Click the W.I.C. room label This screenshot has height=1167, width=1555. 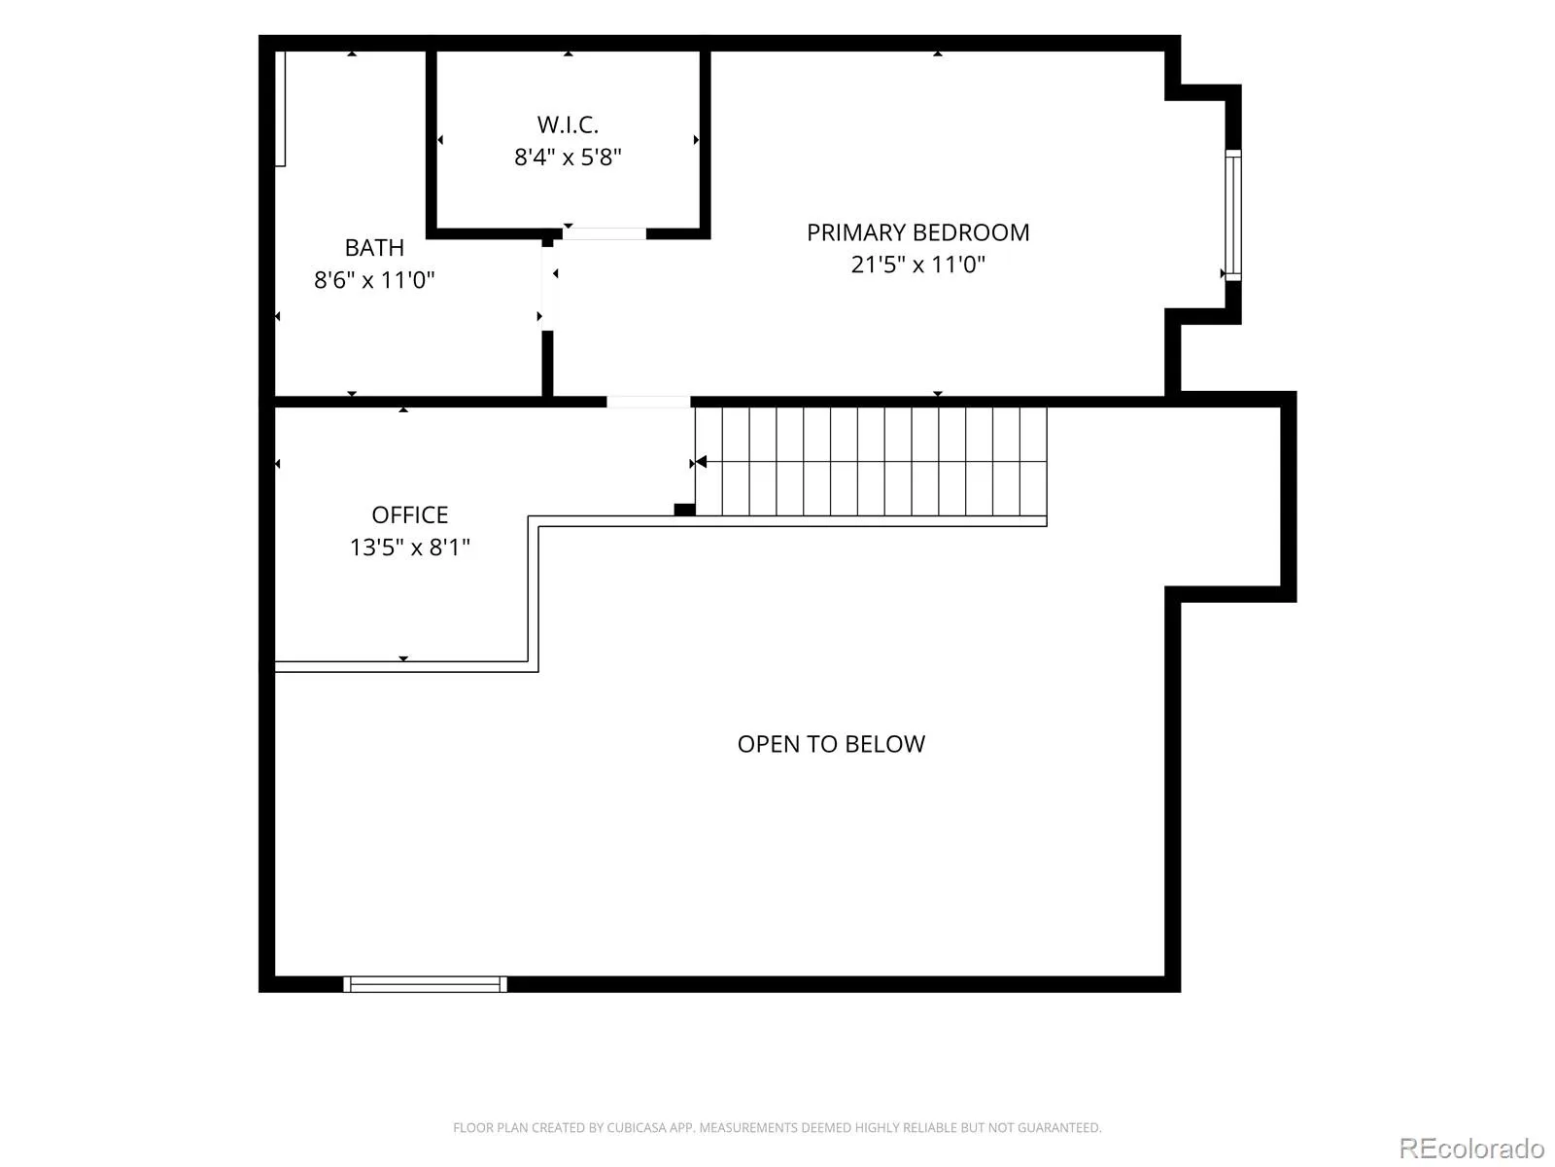(568, 124)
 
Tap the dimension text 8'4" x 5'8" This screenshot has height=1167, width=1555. (568, 157)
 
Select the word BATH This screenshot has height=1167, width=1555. (374, 247)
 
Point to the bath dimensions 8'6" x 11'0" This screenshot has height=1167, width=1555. (374, 280)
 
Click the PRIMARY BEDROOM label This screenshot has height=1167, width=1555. (917, 232)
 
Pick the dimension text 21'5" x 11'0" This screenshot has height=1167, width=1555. (917, 265)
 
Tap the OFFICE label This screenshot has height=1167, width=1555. (409, 514)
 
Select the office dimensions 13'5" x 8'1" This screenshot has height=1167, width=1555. (409, 547)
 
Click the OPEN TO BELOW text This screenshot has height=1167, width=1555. (831, 744)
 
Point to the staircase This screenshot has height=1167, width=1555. (871, 461)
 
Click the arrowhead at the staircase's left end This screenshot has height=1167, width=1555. (701, 462)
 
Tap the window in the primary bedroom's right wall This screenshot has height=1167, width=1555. (1233, 215)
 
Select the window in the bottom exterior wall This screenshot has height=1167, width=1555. (425, 983)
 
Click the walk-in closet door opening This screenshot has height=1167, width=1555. (605, 233)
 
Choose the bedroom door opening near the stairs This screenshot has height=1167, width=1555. (648, 402)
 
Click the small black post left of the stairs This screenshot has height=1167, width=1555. (684, 510)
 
